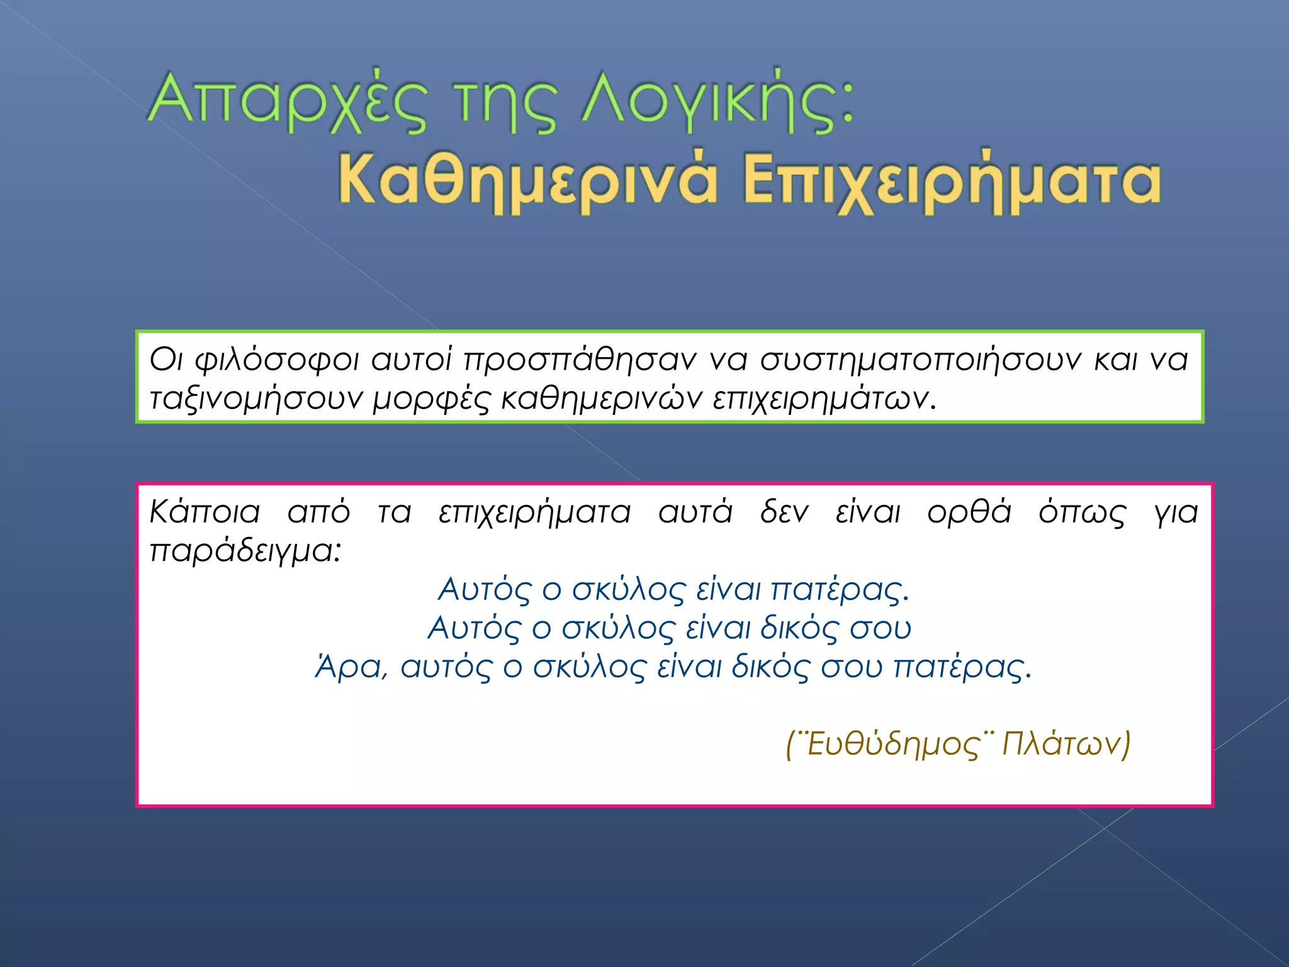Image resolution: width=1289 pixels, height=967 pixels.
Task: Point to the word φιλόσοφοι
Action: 277,361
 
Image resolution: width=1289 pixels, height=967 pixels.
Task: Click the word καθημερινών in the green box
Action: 601,399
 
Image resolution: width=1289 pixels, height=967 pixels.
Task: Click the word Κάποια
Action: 205,512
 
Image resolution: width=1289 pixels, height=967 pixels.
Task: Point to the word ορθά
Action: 969,512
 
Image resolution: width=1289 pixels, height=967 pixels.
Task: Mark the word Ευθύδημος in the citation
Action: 893,744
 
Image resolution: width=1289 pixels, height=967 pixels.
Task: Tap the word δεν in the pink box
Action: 784,512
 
